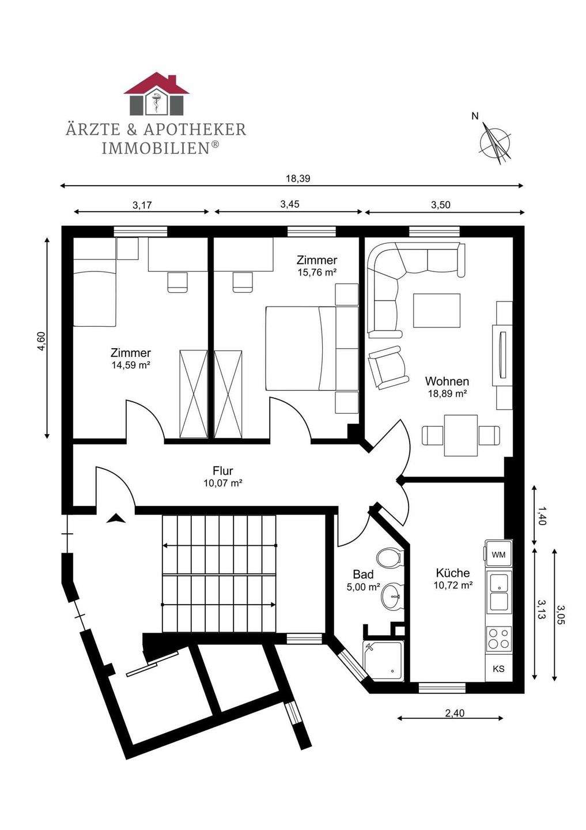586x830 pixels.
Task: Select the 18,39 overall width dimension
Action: point(298,179)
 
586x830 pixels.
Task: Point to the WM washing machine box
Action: point(498,554)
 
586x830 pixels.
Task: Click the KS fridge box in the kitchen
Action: point(498,669)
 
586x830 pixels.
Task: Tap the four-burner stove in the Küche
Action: point(498,639)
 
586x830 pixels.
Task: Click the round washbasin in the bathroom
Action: point(392,594)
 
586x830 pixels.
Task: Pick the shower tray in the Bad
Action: point(384,659)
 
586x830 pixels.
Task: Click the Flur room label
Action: point(222,471)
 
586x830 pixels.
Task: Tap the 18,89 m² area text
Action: point(447,394)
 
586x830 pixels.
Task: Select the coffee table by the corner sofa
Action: point(436,310)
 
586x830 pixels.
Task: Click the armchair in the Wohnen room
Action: point(387,367)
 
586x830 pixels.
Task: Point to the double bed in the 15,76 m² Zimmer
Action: point(300,348)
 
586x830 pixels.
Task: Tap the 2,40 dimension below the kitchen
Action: point(454,713)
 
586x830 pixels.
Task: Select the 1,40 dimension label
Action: point(541,515)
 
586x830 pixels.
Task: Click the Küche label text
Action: point(453,573)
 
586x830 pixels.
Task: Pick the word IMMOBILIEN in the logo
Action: point(155,148)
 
